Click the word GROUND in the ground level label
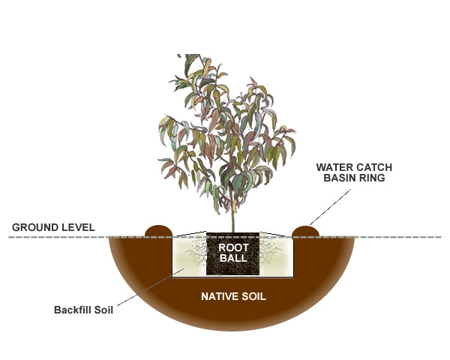tap(31, 226)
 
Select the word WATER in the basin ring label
tap(333, 166)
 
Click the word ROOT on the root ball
tap(232, 246)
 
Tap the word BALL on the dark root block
tap(232, 258)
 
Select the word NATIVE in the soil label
tap(220, 296)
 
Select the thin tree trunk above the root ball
tap(233, 217)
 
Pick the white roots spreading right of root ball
tap(270, 251)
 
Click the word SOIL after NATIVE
tap(253, 296)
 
